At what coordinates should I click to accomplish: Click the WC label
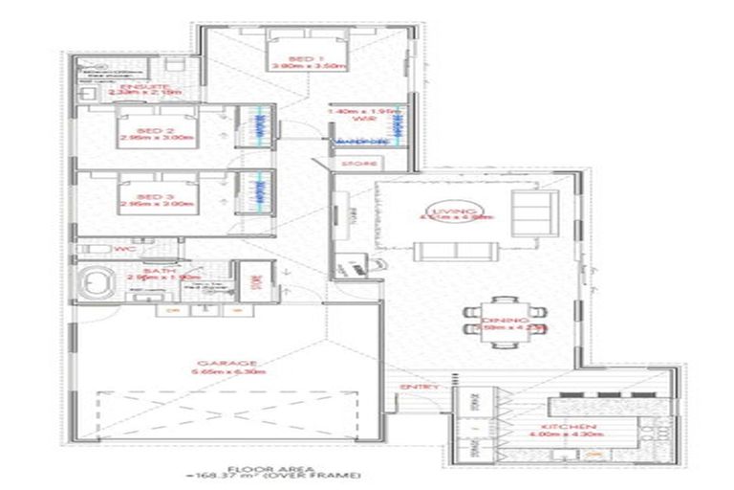(121, 250)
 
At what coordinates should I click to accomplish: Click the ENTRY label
(419, 387)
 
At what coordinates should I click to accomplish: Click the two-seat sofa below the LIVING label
(452, 250)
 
